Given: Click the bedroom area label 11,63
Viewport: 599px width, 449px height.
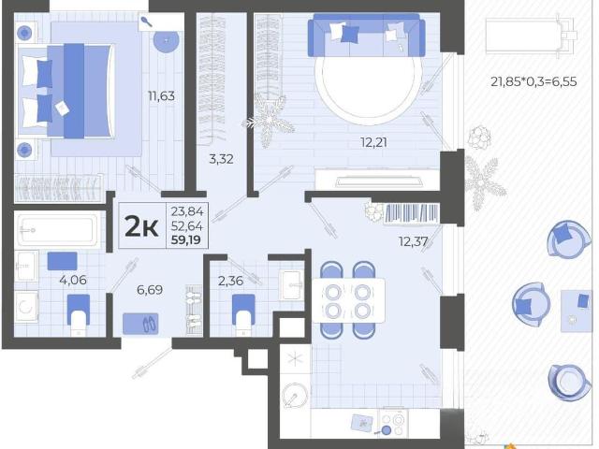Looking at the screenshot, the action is coord(161,95).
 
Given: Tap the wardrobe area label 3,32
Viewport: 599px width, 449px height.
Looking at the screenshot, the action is coord(221,159).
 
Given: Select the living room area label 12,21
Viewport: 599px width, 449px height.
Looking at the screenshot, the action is coord(373,142).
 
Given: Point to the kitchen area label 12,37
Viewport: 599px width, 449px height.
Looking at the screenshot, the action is coord(413,241).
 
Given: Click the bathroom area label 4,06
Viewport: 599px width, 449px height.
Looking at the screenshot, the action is coord(73,280).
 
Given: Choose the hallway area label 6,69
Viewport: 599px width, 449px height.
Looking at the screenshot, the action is coord(150,290).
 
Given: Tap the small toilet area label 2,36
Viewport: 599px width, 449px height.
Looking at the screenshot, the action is coord(230,281).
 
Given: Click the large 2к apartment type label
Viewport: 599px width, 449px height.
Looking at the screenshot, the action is coord(141,226).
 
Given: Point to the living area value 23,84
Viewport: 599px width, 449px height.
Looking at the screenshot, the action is coord(187,211).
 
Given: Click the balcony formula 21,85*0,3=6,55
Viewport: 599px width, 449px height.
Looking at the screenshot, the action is coord(533,81).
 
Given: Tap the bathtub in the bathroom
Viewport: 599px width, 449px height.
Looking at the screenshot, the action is coord(56,229).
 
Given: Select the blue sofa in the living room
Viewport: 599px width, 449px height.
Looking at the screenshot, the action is coord(366,36).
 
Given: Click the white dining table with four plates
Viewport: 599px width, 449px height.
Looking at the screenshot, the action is coord(348,301).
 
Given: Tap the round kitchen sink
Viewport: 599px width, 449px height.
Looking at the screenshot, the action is coord(295,396).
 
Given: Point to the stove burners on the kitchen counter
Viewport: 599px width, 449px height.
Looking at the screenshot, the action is coord(393,424).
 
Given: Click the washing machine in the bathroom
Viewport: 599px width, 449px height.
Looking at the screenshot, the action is coord(25,307).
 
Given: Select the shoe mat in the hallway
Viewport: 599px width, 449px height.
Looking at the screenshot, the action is coord(140,324).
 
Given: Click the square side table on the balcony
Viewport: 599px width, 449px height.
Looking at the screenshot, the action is coord(577,311).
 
